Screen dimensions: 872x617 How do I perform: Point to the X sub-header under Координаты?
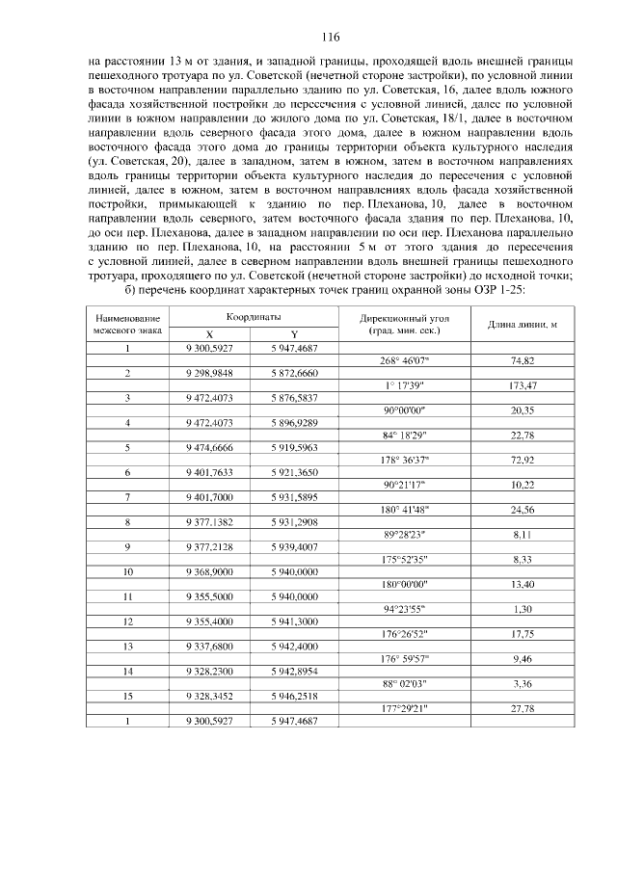[209, 334]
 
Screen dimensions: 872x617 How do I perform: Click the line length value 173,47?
[522, 384]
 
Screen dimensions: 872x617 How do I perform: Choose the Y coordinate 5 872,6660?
[293, 372]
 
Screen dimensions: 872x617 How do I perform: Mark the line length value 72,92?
[522, 460]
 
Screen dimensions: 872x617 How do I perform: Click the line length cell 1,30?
[522, 609]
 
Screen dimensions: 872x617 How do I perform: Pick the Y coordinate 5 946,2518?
[293, 696]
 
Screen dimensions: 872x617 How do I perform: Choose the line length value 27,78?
[522, 708]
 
